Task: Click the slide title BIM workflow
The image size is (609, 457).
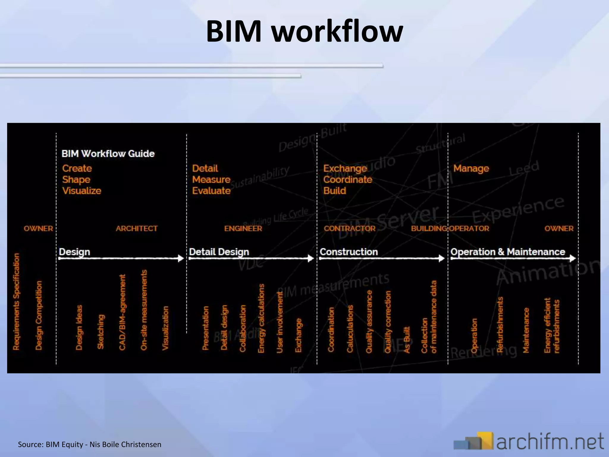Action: tap(304, 31)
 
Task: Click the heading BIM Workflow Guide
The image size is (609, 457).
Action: tap(108, 154)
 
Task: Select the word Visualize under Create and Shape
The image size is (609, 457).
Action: tap(82, 191)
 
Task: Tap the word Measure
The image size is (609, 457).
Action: tap(211, 179)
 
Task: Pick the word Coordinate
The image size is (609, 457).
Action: tap(348, 179)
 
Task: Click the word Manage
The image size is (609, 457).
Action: tap(471, 168)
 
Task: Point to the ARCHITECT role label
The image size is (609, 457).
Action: tap(136, 228)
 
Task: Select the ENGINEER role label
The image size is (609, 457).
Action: tap(243, 228)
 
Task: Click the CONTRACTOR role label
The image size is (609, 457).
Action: tap(349, 228)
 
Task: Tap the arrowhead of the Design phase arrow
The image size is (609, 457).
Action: tap(181, 258)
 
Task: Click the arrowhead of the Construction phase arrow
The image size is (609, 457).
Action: tap(442, 258)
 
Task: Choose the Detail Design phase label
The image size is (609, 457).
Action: tap(219, 252)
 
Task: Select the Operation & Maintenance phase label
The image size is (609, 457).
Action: tap(508, 252)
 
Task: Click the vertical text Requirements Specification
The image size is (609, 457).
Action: tap(16, 301)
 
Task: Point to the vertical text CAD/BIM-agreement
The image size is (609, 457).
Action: tap(122, 312)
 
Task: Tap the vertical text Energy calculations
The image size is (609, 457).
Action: tap(261, 318)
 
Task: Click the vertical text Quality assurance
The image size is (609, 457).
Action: tap(369, 321)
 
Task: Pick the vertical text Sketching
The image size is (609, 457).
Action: tap(101, 331)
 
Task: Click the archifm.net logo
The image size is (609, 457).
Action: tap(529, 441)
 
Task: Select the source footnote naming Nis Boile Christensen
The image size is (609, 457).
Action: tap(90, 445)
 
